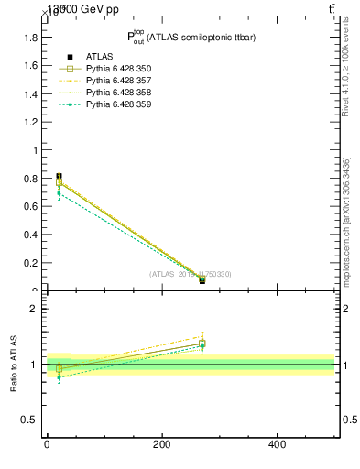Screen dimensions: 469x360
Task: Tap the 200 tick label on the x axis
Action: [x=161, y=444]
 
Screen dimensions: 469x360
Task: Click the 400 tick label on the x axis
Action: [x=277, y=444]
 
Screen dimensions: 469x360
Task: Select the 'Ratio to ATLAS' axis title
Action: [x=15, y=364]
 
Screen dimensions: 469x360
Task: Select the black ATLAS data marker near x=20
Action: [x=59, y=176]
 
